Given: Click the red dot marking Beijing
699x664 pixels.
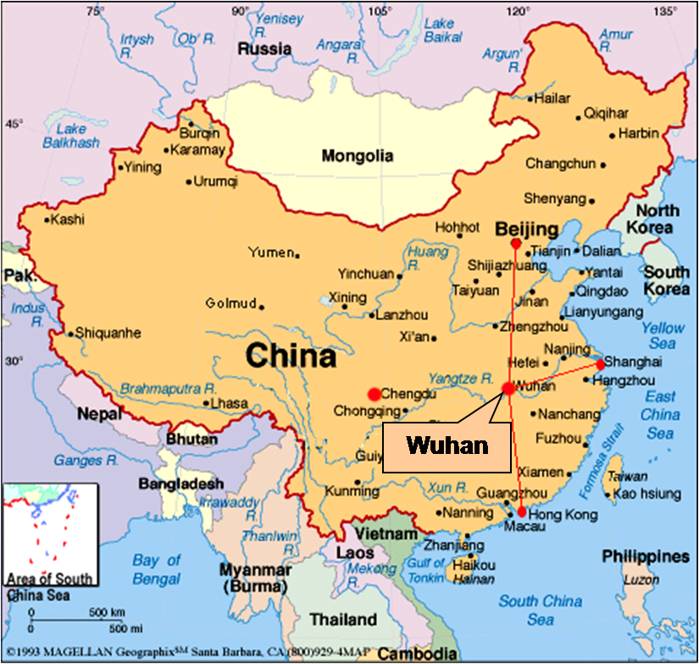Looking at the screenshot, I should [x=516, y=244].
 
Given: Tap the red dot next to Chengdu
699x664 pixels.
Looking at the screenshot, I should [x=374, y=394].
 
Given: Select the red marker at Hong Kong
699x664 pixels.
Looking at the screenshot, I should [x=521, y=512].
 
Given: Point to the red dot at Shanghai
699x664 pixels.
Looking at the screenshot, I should [x=601, y=364].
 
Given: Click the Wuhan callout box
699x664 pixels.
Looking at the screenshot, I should [x=447, y=445].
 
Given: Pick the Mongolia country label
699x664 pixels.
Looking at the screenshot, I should [x=357, y=156].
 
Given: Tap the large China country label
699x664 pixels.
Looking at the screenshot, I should [x=291, y=356].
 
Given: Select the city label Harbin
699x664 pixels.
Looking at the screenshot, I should [x=638, y=134].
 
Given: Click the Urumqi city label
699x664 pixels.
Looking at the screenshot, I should [x=216, y=181].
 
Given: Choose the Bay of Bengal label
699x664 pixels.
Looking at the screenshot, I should [x=157, y=568].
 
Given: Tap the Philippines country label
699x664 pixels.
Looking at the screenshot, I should [x=646, y=556].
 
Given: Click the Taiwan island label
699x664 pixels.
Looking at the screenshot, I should [x=628, y=477].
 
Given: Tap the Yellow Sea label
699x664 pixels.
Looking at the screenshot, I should [x=663, y=335].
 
